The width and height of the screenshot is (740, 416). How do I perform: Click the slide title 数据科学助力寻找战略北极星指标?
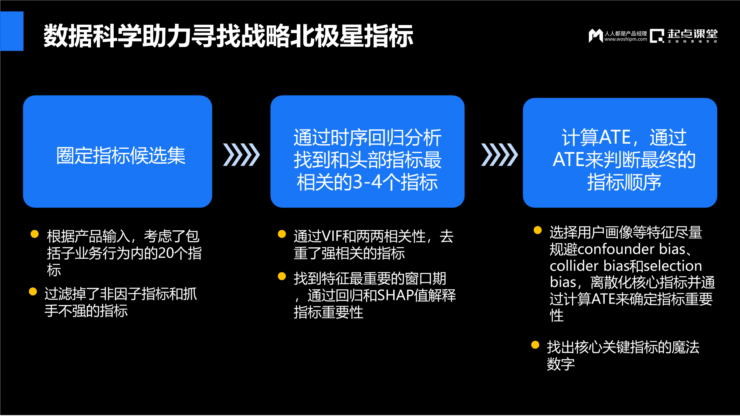(x=228, y=36)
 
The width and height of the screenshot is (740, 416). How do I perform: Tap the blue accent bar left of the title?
(x=12, y=31)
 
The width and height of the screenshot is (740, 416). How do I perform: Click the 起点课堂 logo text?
(x=692, y=34)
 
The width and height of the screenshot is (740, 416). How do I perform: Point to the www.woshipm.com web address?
(x=626, y=39)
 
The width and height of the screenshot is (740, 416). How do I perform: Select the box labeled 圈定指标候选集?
(x=118, y=151)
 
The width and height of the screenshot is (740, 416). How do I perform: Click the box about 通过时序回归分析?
(x=367, y=151)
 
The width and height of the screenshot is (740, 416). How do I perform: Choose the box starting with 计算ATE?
(x=620, y=153)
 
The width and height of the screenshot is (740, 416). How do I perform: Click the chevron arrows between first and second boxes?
(x=241, y=155)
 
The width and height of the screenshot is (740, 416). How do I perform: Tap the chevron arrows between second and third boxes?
(x=499, y=155)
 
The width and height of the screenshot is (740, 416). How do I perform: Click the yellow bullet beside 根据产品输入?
(x=35, y=234)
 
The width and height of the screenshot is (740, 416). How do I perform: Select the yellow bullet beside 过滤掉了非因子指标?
(x=33, y=292)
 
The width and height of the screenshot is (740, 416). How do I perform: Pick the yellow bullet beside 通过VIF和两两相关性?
(x=282, y=234)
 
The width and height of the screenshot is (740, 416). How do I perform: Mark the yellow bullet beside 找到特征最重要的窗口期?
(x=282, y=276)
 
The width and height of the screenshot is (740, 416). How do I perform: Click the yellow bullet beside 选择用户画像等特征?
(x=538, y=230)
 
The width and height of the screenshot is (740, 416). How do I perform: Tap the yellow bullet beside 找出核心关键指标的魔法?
(x=535, y=345)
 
